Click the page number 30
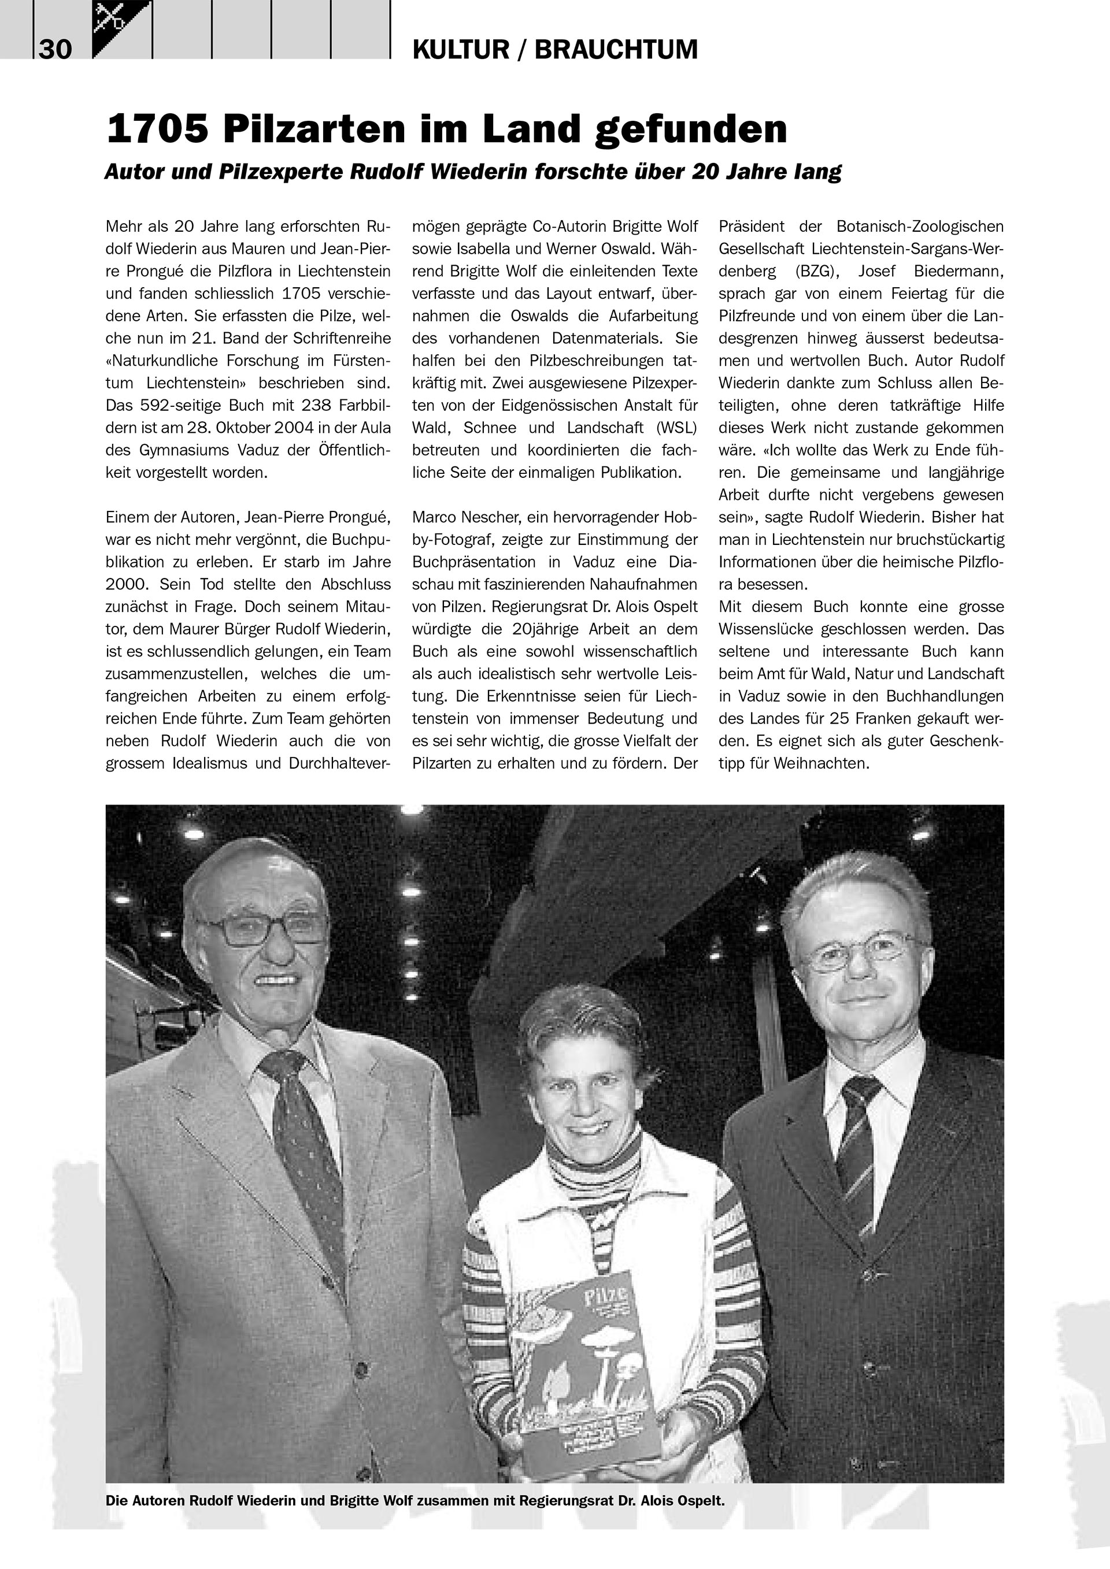tap(55, 50)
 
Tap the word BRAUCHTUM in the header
tap(616, 50)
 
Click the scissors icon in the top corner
tap(109, 17)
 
